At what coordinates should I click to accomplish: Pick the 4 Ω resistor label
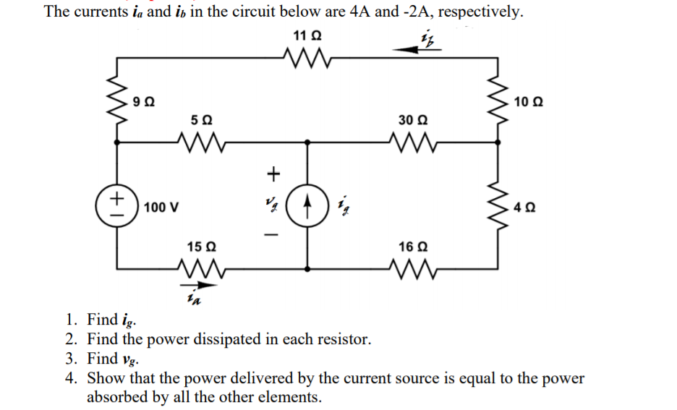click(527, 208)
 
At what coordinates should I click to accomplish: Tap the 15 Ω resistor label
click(200, 247)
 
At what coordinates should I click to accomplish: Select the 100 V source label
click(161, 208)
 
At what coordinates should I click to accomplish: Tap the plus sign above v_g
click(273, 173)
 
